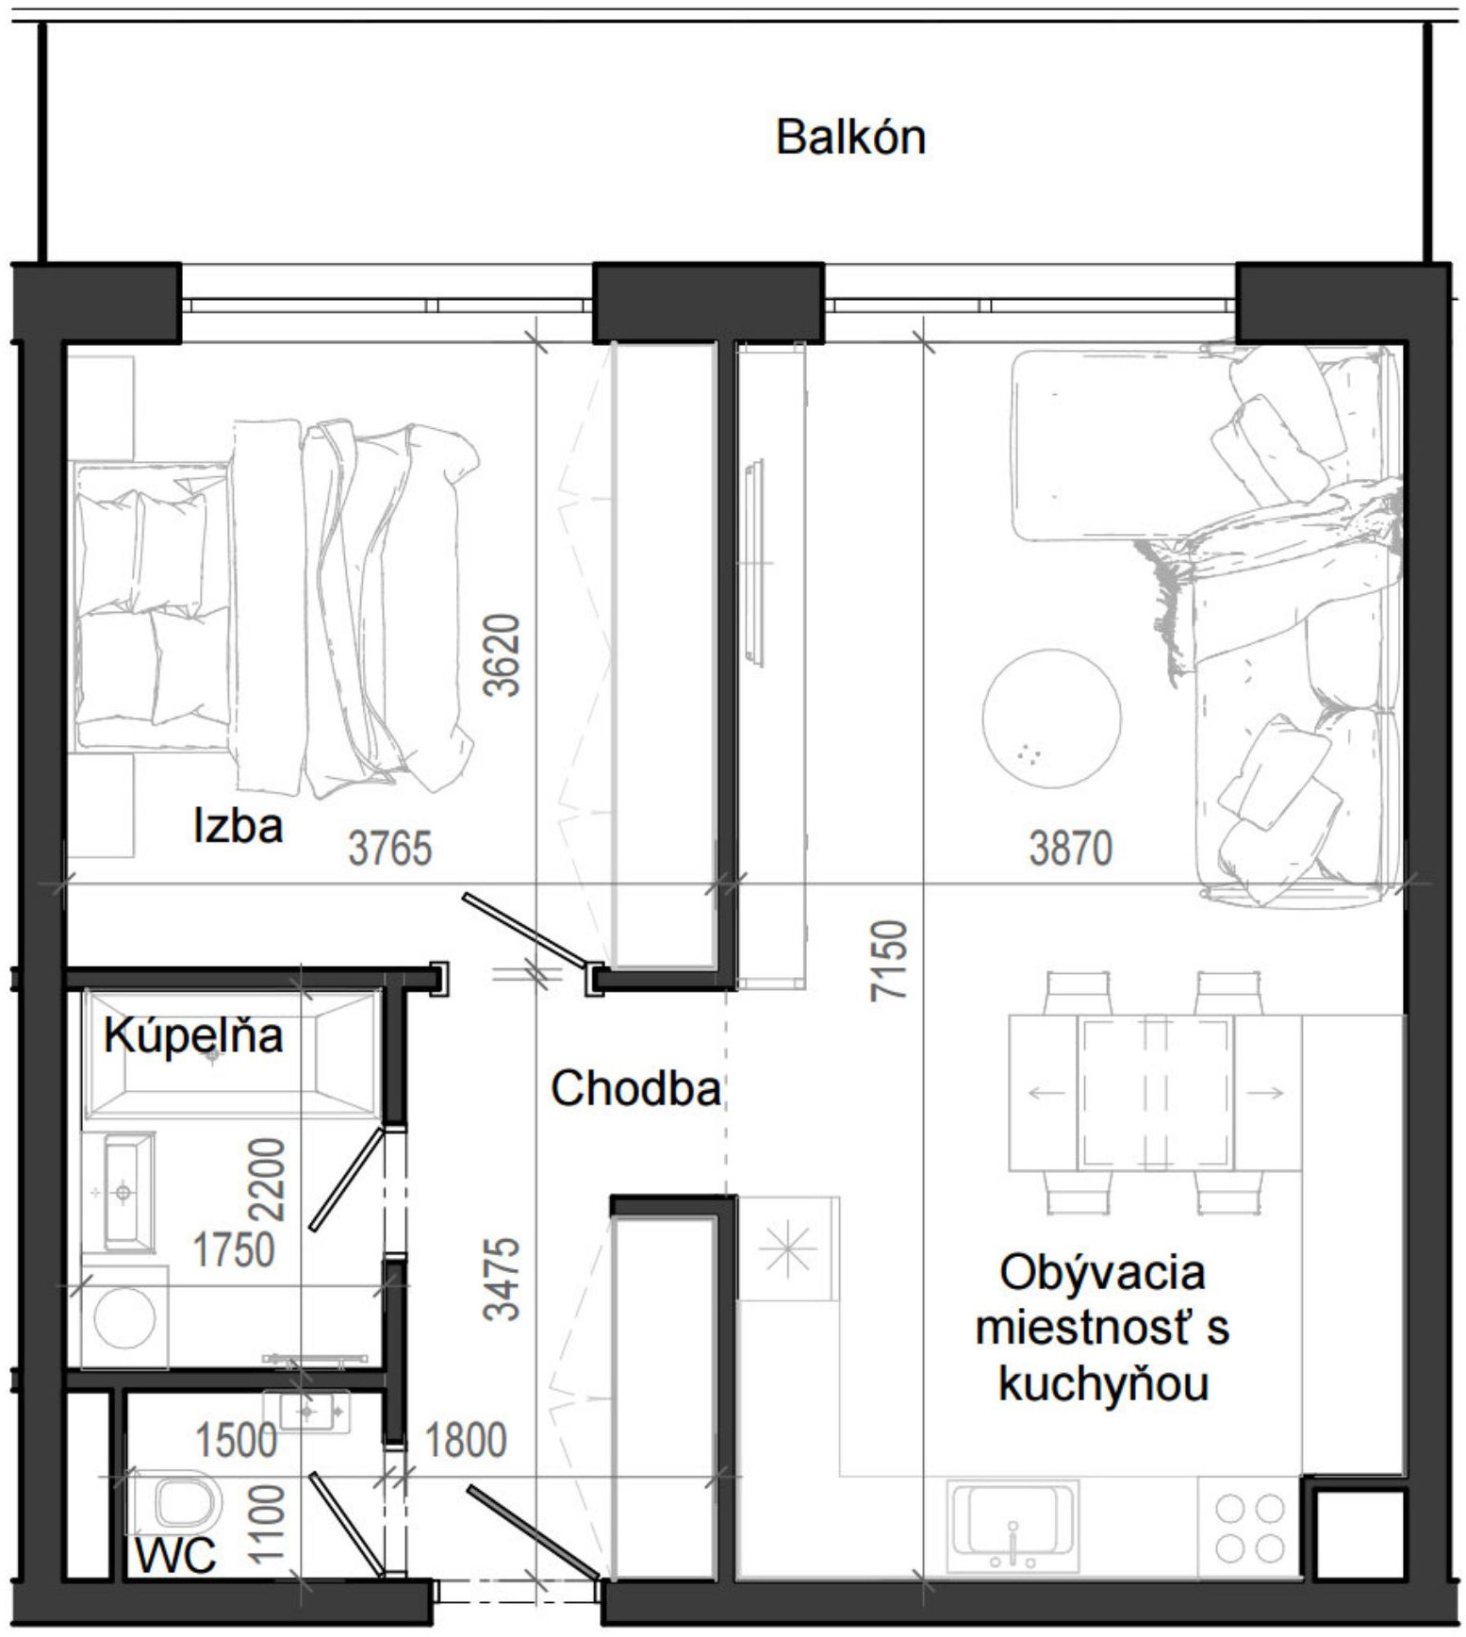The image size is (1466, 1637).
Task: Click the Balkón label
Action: [850, 138]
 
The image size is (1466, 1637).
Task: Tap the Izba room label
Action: [238, 826]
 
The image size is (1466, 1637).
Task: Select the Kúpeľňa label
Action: [193, 1036]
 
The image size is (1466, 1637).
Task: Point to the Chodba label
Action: [636, 1089]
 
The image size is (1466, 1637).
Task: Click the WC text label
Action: [175, 1556]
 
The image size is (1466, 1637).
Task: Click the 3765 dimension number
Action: [390, 848]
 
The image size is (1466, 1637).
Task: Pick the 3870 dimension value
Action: [1071, 848]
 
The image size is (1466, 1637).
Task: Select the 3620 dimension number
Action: [502, 655]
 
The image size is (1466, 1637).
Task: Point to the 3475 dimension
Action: [502, 1279]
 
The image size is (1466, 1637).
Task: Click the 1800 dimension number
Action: [466, 1441]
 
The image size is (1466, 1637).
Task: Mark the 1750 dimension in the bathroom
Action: [234, 1250]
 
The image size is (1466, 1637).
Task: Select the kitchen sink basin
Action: [1013, 1526]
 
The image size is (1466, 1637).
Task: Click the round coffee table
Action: [1052, 717]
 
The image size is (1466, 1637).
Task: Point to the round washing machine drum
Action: [125, 1316]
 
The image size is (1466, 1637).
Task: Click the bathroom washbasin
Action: [124, 1193]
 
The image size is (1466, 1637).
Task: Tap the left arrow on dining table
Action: [1046, 1094]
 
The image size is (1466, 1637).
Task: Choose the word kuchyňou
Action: [1103, 1386]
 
